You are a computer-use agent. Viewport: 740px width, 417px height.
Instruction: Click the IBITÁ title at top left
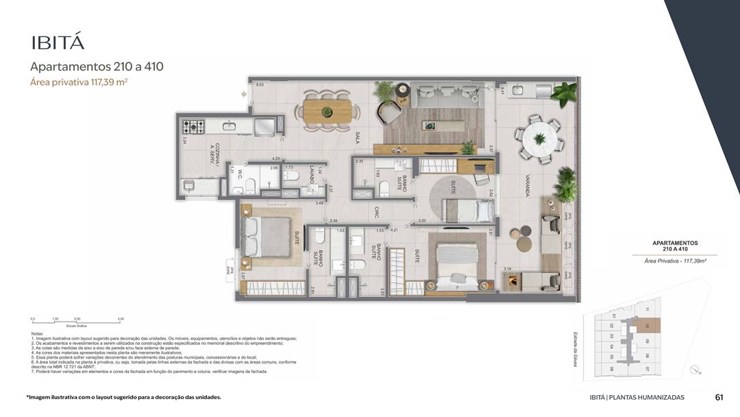coord(58,43)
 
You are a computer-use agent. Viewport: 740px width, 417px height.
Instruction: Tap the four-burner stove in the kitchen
coord(193,126)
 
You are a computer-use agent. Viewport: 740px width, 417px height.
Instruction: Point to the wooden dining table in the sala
coord(328,111)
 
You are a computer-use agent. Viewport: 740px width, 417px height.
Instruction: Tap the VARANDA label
coord(526,185)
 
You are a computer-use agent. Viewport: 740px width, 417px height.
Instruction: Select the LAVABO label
coord(311,174)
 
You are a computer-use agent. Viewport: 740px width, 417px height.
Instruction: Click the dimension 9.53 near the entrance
coord(260,84)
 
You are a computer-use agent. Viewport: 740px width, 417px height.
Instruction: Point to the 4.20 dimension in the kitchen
coord(275,158)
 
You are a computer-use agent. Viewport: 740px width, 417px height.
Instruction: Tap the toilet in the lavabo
coord(291,176)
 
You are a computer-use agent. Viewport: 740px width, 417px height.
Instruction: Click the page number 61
coord(719,397)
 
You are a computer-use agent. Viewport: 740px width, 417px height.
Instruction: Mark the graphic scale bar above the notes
coord(77,322)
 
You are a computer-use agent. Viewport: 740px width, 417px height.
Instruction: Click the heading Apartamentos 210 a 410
coord(97,67)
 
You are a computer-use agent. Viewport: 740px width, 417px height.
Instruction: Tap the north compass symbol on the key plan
coord(698,370)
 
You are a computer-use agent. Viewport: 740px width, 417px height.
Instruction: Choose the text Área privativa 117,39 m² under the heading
coord(79,82)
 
